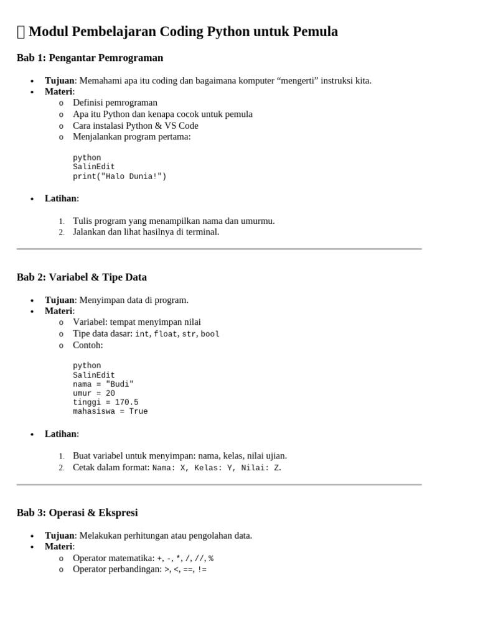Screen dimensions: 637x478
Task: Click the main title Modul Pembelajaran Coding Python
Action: point(183,32)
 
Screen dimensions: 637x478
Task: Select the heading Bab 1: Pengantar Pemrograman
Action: point(90,58)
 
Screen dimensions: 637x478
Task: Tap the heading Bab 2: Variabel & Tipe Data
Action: point(82,277)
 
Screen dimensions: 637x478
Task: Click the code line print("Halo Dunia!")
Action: point(119,177)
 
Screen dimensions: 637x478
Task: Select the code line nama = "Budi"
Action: point(103,384)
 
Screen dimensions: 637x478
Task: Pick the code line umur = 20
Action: point(94,393)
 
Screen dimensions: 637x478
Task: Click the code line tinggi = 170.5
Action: point(106,402)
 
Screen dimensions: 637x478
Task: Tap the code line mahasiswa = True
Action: point(110,412)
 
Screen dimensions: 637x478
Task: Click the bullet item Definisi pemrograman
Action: point(115,103)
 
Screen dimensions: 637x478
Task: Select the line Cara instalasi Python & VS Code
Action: point(136,126)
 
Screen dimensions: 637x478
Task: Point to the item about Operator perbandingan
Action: point(139,569)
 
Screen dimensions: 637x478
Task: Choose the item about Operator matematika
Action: point(143,558)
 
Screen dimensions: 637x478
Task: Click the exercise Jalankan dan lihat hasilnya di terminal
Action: point(146,232)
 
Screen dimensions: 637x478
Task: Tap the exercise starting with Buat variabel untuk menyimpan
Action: point(180,456)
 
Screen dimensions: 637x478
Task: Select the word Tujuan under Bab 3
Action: point(59,536)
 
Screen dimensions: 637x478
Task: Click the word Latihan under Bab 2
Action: point(60,434)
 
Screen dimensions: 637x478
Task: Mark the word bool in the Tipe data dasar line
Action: point(210,334)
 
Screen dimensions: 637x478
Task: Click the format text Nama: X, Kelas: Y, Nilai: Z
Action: point(216,468)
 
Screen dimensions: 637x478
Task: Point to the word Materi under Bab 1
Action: point(59,91)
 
